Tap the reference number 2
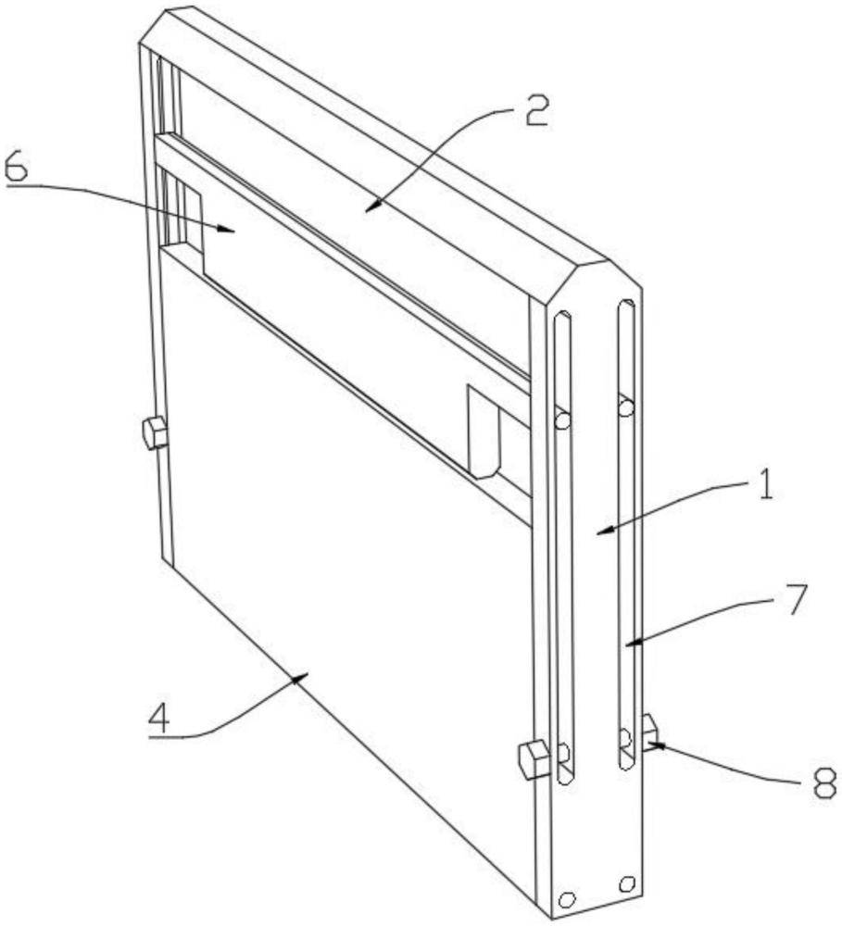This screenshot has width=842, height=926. [x=536, y=110]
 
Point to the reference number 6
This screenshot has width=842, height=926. [x=16, y=166]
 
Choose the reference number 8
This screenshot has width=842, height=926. [x=823, y=782]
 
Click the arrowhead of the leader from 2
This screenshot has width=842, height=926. [x=371, y=206]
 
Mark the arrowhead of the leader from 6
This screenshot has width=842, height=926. [x=226, y=229]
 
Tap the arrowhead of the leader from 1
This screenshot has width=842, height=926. [x=604, y=531]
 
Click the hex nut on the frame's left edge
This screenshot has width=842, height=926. [x=155, y=432]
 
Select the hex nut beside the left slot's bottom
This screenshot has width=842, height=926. [x=534, y=759]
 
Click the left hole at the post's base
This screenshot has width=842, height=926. [x=567, y=899]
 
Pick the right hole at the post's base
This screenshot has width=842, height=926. [x=626, y=884]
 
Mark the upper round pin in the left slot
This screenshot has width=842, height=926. [x=563, y=420]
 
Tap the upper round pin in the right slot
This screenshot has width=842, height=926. [x=626, y=407]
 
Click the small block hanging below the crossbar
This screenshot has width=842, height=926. [x=484, y=432]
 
